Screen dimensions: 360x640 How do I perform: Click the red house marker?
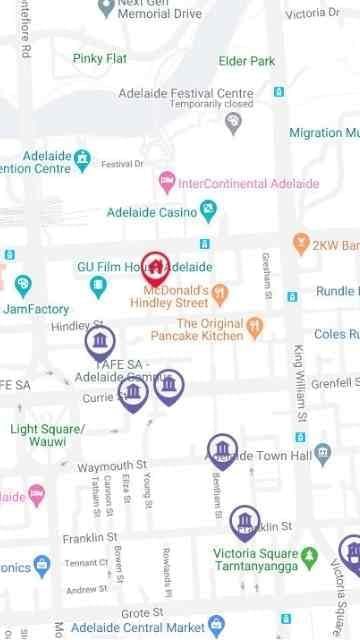155,266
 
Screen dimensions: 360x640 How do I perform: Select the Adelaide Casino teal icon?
208,211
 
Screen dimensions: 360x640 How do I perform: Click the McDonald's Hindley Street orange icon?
222,291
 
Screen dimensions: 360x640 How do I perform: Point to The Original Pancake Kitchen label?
210,329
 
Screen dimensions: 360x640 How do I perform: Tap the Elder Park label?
246,61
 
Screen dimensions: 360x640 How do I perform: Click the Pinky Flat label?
100,58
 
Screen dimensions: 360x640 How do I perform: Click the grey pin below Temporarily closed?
233,122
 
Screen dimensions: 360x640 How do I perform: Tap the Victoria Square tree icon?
309,554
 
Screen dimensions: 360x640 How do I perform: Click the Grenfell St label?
334,383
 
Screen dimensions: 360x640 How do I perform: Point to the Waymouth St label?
112,466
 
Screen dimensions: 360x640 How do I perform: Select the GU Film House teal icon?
98,287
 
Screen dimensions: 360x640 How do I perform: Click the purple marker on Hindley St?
99,344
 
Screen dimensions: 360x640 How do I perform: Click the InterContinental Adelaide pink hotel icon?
167,183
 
